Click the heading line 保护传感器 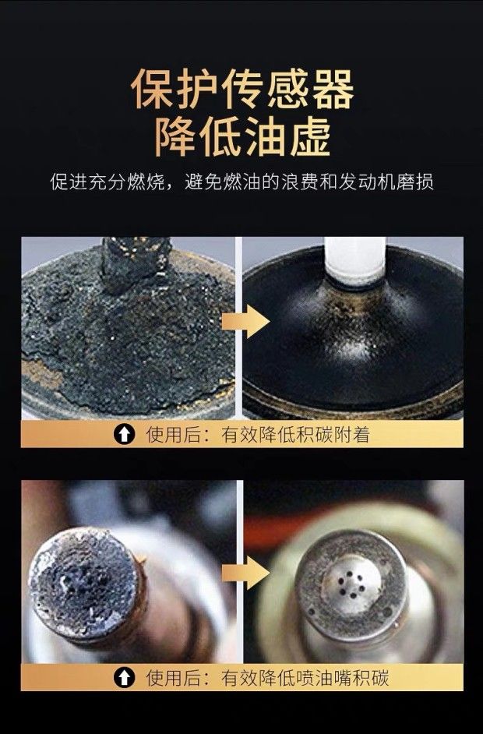click(242, 90)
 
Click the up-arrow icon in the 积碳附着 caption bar click(124, 434)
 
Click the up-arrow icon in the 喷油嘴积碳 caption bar click(124, 677)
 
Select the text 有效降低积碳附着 click(295, 435)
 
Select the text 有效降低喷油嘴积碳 click(305, 678)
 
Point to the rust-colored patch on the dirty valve click(41, 372)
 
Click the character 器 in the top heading click(333, 90)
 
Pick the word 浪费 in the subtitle click(299, 182)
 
